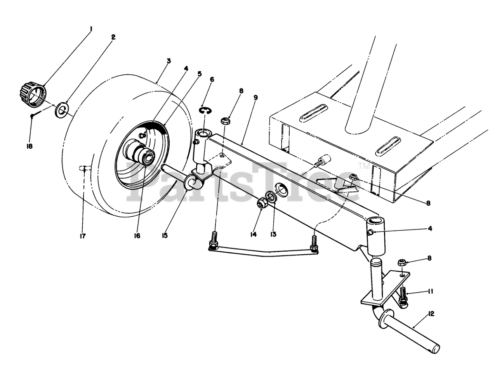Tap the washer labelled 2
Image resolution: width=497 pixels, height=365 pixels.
(x=62, y=109)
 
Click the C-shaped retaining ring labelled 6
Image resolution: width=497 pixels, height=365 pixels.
(x=205, y=111)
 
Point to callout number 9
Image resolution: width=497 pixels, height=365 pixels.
(x=255, y=97)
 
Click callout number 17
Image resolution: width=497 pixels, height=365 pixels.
(x=83, y=236)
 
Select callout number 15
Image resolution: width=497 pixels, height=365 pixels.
(x=165, y=236)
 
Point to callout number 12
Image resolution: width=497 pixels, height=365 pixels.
(x=431, y=313)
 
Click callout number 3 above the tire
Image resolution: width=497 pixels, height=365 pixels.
(x=169, y=61)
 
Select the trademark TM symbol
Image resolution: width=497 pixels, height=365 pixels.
(x=364, y=166)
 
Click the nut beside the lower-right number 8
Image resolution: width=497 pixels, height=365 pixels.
(x=402, y=263)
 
